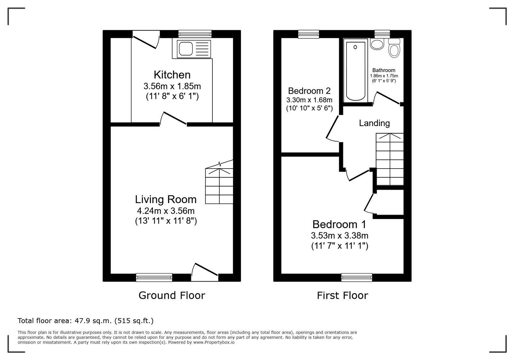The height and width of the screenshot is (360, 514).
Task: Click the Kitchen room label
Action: (172, 75)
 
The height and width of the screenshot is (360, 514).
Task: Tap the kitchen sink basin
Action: (185, 49)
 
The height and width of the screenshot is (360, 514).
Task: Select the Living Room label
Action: (166, 199)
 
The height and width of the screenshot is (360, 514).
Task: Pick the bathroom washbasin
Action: (377, 44)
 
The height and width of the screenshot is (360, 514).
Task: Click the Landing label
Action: (374, 123)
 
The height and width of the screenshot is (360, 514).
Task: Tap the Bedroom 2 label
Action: (309, 91)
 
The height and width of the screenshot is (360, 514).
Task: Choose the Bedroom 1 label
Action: (339, 224)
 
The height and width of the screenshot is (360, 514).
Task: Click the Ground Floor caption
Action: (172, 295)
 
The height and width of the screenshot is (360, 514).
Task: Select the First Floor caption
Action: (342, 295)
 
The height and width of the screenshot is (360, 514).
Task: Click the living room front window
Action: (154, 277)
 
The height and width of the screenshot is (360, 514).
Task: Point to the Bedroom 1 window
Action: (356, 277)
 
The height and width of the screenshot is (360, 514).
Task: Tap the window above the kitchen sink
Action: (195, 34)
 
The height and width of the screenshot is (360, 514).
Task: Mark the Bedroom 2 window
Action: (309, 34)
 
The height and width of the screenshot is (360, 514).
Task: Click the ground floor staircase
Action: (219, 184)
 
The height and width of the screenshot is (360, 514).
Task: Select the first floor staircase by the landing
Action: (390, 159)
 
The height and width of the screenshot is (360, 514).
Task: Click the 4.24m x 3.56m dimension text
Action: (166, 211)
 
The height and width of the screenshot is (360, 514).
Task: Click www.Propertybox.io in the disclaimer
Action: (214, 342)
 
